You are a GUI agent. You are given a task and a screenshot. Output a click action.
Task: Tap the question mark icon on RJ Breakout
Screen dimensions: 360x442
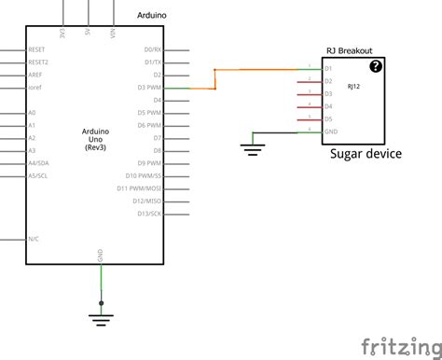376,65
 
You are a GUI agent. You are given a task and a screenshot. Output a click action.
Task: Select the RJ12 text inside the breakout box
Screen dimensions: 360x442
353,86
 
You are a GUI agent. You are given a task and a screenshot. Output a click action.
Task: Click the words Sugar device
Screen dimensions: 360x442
366,153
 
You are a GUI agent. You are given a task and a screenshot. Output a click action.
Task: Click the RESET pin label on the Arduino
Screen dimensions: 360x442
37,48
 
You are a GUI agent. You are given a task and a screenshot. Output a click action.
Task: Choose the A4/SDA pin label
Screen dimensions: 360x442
38,162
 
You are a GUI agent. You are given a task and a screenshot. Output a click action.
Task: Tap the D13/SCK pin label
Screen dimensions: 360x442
148,213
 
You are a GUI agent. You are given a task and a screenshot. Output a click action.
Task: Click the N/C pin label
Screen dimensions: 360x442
34,239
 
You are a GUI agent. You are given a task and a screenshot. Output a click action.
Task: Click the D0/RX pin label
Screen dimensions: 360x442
152,48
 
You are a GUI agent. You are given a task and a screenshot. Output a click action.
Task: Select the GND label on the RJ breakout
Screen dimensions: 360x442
330,132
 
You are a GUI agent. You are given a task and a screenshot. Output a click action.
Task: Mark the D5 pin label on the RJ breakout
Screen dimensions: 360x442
328,119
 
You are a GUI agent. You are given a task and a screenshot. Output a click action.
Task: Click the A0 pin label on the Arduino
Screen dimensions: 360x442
32,112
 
